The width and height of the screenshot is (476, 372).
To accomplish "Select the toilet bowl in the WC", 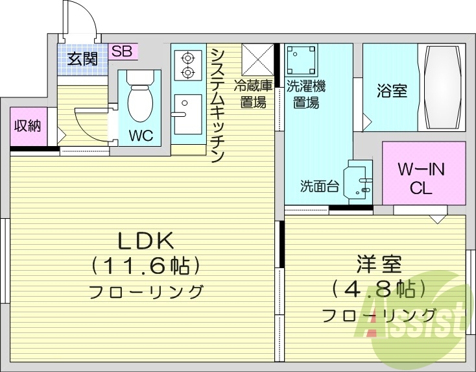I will click(x=139, y=97).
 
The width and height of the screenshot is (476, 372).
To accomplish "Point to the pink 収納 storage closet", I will click(x=27, y=125).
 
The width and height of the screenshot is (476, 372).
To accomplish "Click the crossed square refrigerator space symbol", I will click(x=257, y=60).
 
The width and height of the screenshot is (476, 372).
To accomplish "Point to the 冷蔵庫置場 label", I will click(x=250, y=93).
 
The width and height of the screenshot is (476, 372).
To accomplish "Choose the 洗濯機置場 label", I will click(x=304, y=93).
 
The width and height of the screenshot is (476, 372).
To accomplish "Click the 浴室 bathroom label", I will click(x=392, y=90).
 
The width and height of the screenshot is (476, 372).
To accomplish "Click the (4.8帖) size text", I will click(x=379, y=289).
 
